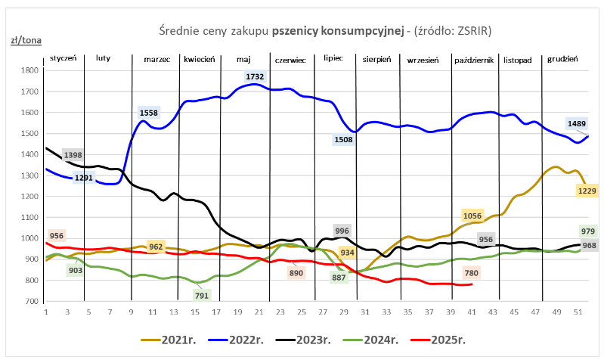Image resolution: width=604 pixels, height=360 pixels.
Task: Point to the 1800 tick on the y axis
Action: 29,70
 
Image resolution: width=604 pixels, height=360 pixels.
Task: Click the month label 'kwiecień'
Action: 200,58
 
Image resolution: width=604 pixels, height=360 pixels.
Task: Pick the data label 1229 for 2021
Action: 587,191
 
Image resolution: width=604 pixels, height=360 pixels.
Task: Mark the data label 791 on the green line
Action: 202,296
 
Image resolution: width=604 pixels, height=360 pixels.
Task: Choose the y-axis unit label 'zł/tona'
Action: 25,41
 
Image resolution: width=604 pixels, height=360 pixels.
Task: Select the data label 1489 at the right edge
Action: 576,123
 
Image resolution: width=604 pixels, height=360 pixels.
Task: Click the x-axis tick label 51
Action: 578,312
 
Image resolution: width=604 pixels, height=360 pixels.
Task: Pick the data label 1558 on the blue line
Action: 149,113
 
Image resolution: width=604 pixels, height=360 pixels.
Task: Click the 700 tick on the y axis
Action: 31,302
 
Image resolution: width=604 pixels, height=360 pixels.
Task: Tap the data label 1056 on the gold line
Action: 472,216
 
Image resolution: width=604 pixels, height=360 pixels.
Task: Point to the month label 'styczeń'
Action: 63,58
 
